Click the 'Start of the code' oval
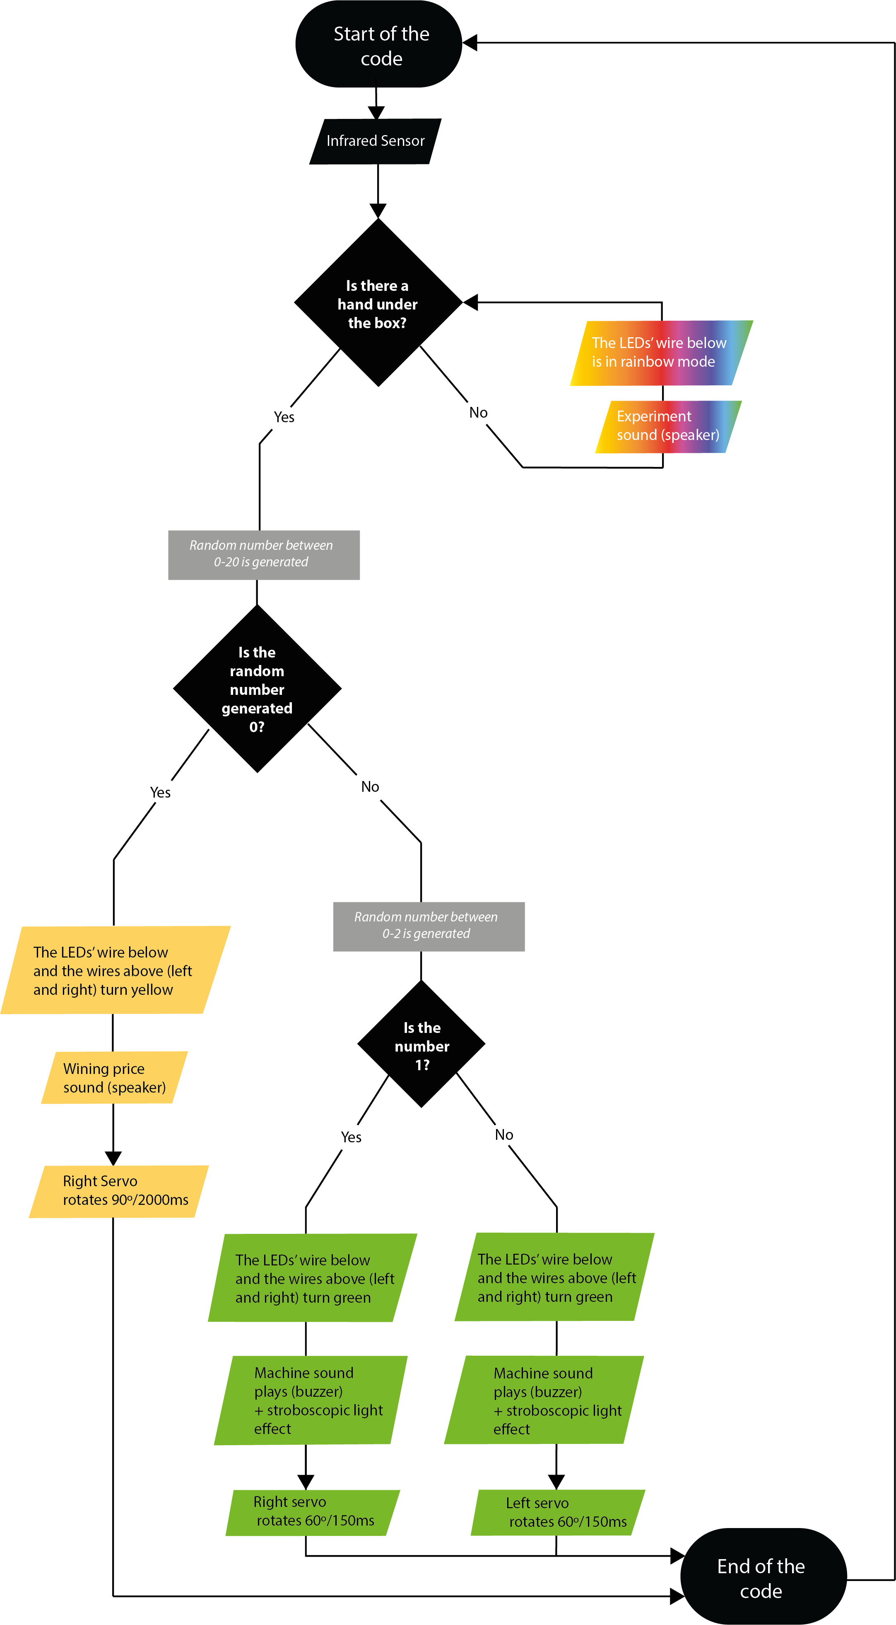click(x=378, y=44)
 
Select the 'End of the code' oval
click(x=763, y=1577)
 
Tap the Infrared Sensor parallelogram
click(x=375, y=141)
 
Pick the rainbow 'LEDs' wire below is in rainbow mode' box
click(x=661, y=353)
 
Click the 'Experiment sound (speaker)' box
click(x=668, y=426)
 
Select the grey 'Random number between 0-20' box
click(x=264, y=554)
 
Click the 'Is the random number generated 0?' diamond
click(x=257, y=689)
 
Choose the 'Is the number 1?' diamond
click(x=421, y=1045)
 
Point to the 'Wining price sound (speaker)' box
click(x=114, y=1077)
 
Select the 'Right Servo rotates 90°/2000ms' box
click(x=118, y=1191)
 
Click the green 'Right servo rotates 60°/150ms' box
click(x=313, y=1512)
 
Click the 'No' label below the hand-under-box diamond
click(x=478, y=413)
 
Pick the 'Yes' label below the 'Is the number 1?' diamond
click(x=351, y=1137)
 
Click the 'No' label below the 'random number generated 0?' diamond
click(x=370, y=787)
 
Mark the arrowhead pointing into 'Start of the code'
click(x=470, y=43)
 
